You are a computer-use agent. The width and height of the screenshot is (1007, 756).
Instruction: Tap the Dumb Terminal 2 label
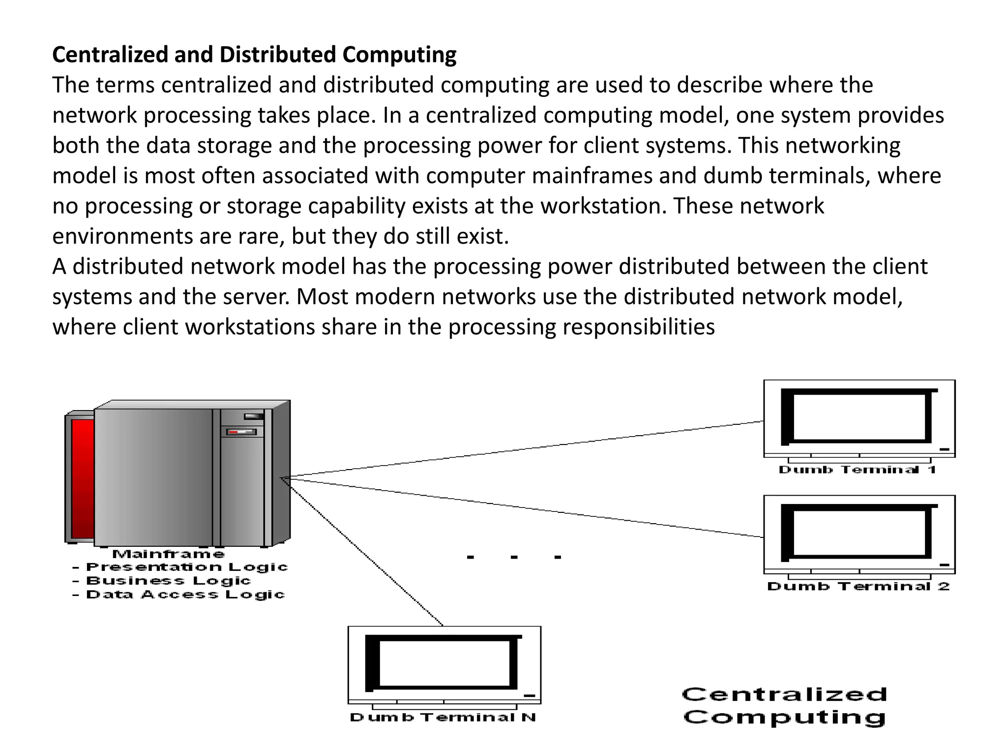pyautogui.click(x=858, y=586)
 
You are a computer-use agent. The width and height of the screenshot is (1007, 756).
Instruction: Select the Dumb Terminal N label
pyautogui.click(x=443, y=717)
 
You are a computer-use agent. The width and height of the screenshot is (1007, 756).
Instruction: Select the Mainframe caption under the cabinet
pyautogui.click(x=169, y=554)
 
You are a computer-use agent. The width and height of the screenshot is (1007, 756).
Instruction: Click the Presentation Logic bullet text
pyautogui.click(x=186, y=567)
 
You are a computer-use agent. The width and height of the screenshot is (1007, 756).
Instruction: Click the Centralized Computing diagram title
pyautogui.click(x=784, y=706)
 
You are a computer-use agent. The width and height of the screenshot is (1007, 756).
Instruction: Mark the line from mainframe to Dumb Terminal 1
pyautogui.click(x=526, y=449)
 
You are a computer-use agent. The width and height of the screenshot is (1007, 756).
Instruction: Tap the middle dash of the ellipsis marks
pyautogui.click(x=514, y=557)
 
